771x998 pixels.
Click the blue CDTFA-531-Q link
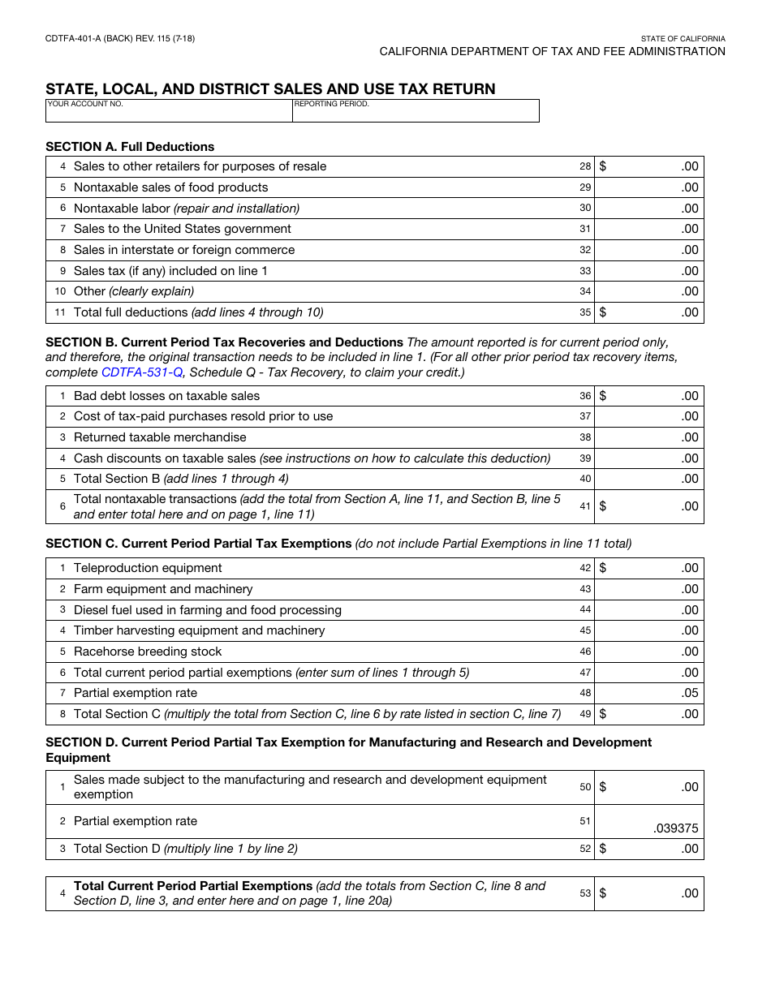[x=142, y=372]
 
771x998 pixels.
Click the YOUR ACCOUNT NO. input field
[x=169, y=114]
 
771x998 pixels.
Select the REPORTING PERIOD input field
[x=416, y=114]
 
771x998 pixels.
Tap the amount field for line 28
[x=649, y=166]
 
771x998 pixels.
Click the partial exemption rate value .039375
[x=675, y=828]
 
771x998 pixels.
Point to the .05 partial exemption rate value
[x=689, y=693]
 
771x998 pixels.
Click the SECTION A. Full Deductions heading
[x=130, y=147]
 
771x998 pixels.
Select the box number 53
[x=585, y=893]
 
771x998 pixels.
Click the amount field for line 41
[x=649, y=506]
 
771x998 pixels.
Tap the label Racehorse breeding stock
[x=147, y=652]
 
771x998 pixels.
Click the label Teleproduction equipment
[x=148, y=568]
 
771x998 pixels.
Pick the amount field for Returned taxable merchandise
[x=649, y=437]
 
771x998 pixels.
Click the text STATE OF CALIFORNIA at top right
[x=683, y=39]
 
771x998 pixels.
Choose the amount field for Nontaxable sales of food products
[x=649, y=187]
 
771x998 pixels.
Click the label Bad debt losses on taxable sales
[x=166, y=396]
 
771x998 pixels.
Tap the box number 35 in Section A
[x=585, y=312]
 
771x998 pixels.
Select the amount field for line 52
[x=649, y=849]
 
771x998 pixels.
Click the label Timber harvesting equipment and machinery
[x=199, y=630]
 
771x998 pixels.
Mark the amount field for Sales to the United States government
[x=649, y=229]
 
